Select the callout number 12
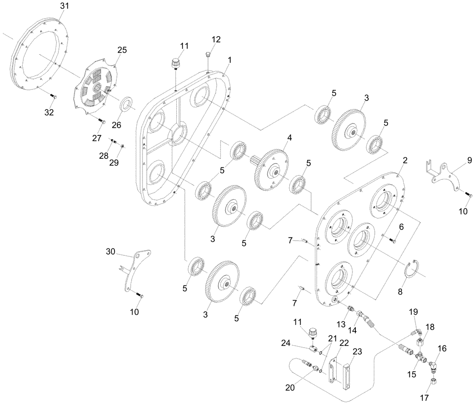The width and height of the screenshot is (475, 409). (x=216, y=39)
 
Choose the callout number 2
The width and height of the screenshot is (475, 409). (x=405, y=161)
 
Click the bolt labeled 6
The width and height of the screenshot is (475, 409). (x=392, y=242)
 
